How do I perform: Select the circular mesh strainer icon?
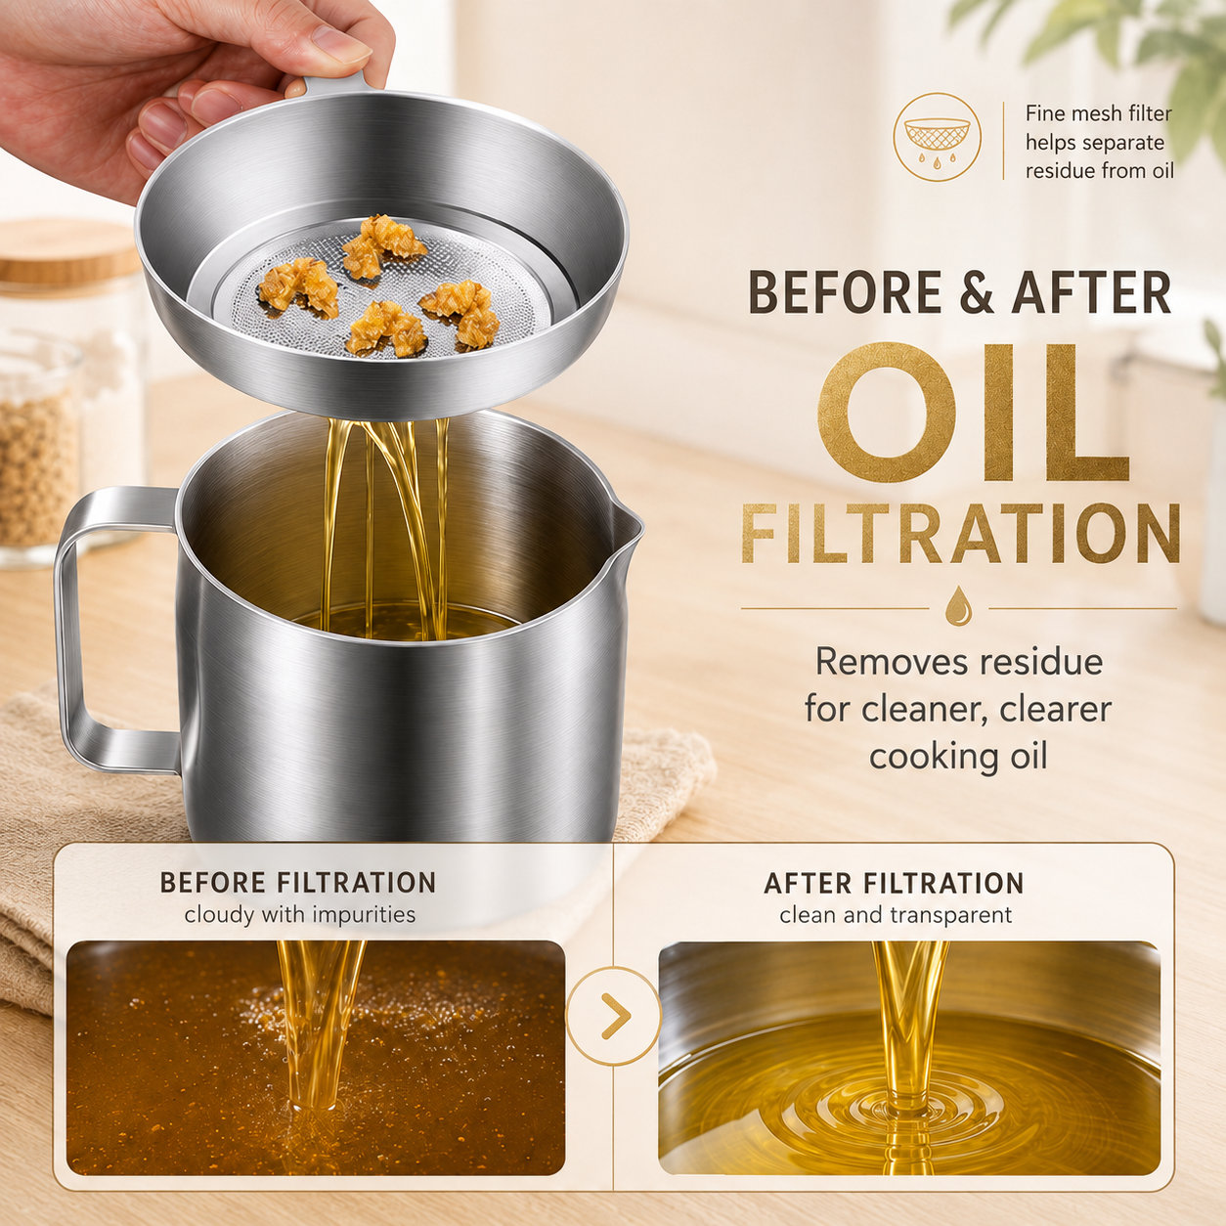coord(937,138)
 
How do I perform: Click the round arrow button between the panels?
coord(613,1017)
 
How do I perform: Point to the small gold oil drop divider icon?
coord(959,606)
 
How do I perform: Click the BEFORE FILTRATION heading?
coord(298,883)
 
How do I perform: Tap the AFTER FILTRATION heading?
coord(894,884)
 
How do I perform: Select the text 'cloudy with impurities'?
coord(300,915)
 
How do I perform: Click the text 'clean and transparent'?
coord(896,915)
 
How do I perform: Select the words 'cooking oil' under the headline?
coord(958,757)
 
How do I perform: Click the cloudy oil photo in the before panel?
coord(316,1057)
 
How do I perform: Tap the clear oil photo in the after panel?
coord(909,1057)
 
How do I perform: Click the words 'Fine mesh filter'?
coord(1098,113)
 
